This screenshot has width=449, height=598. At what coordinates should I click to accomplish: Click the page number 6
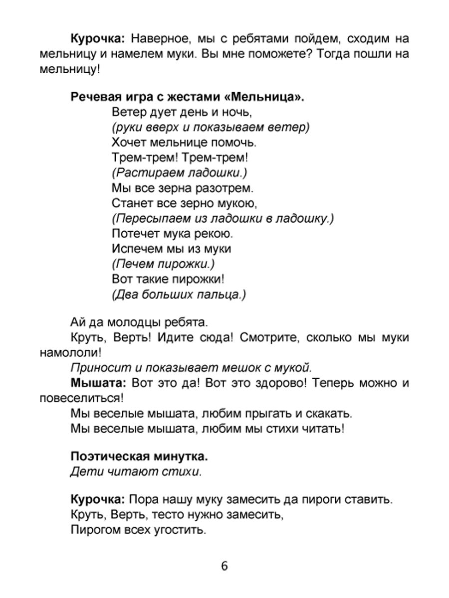(224, 567)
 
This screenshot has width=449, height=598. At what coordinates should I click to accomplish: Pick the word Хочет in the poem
(128, 143)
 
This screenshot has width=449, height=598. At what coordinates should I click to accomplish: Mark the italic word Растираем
(145, 172)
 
